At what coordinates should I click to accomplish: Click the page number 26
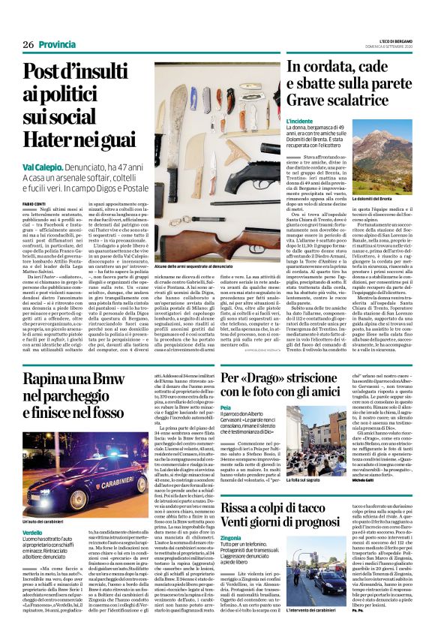[28, 45]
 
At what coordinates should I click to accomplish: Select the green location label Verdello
[32, 531]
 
